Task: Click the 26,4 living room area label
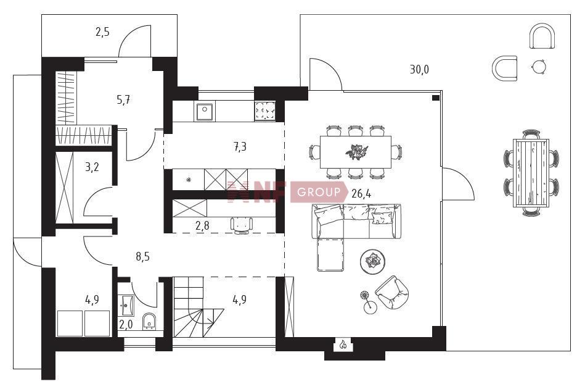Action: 361,193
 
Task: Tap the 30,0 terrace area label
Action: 419,69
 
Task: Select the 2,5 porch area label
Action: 102,32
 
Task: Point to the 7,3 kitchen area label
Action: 240,147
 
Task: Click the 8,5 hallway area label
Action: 142,256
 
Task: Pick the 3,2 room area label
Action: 92,167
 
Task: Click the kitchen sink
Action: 204,112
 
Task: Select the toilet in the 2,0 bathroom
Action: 149,320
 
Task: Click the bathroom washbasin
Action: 126,305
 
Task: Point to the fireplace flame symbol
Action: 343,344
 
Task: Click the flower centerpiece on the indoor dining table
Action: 356,151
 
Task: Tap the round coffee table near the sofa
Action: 373,262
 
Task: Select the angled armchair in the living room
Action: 392,292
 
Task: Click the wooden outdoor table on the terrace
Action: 531,173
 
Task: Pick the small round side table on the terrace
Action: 539,67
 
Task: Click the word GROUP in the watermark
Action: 319,192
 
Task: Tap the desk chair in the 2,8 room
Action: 242,225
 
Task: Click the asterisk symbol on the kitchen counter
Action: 189,180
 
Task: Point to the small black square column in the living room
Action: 435,98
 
